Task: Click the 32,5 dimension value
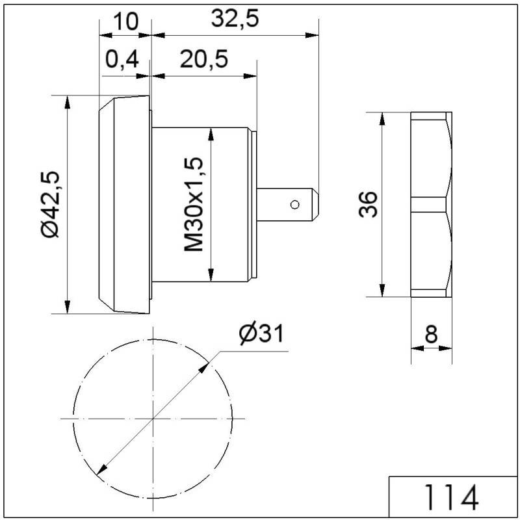pos(235,19)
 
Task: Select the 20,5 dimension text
pos(204,59)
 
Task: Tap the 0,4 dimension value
pos(122,60)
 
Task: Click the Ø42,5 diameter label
pos(50,205)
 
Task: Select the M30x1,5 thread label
pos(193,205)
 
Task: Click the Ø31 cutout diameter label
pos(261,333)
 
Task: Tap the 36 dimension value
pos(368,205)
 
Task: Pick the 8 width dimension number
pos(431,334)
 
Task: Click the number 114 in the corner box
pos(451,497)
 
